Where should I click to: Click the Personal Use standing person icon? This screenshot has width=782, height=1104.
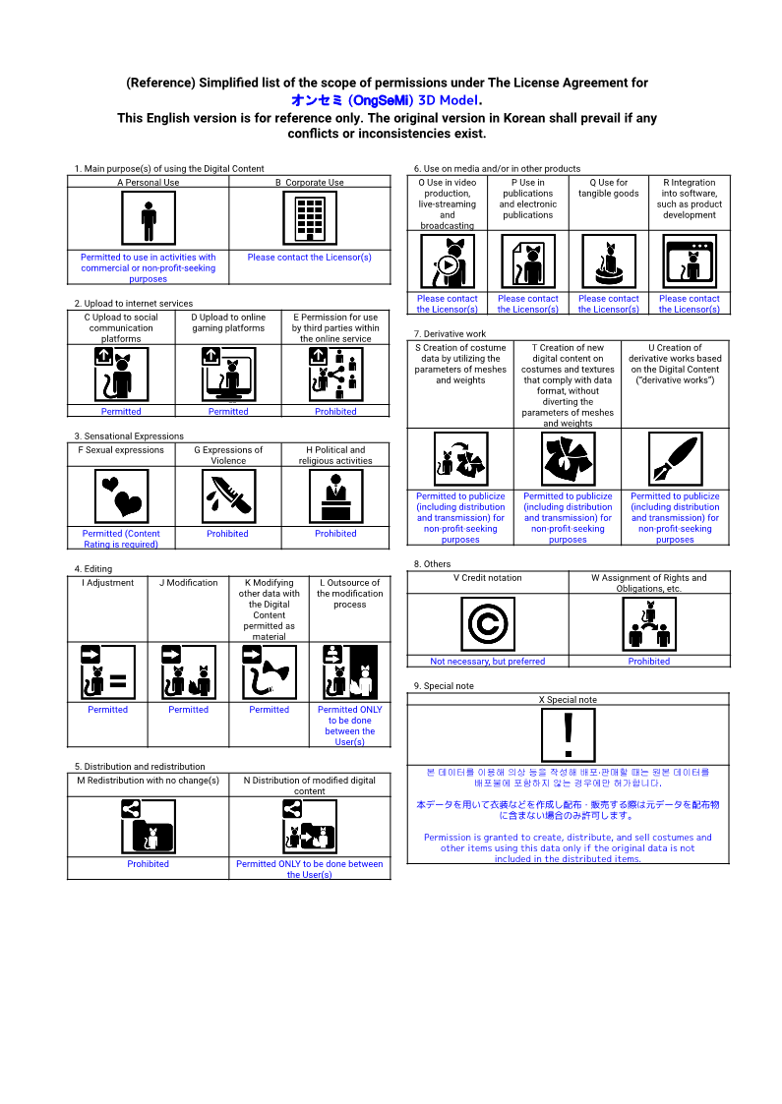coord(148,218)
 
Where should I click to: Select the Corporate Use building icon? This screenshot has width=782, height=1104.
coord(309,218)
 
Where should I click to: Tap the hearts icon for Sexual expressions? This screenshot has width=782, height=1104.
coord(121,496)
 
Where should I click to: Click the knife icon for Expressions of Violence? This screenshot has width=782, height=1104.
coord(228,496)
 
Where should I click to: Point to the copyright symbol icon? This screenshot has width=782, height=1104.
coord(488,624)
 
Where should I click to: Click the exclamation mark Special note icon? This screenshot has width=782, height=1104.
coord(568,735)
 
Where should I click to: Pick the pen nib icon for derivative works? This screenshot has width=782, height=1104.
coord(675,459)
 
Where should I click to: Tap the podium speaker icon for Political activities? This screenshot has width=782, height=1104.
coord(335,496)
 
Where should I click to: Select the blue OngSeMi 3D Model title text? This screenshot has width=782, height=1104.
coord(387,100)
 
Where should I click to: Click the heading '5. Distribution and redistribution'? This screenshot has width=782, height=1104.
coord(140,767)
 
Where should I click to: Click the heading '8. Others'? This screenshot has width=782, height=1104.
coord(432,564)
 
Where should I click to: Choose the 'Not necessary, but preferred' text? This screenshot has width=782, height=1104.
coord(488,662)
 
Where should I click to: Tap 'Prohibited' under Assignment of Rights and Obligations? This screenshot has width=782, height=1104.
coord(649,662)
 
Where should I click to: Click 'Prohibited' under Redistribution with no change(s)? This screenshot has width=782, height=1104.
coord(148,864)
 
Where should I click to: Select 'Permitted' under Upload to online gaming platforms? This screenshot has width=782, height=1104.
coord(228,411)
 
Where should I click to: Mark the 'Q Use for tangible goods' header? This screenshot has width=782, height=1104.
coord(609,188)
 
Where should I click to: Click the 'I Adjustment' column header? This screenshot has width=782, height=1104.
coord(108,583)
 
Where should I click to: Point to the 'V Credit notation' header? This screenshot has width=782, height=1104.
coord(488,578)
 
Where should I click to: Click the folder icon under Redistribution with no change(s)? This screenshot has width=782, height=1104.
coord(148,827)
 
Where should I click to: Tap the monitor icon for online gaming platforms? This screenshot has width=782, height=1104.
coord(228,375)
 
